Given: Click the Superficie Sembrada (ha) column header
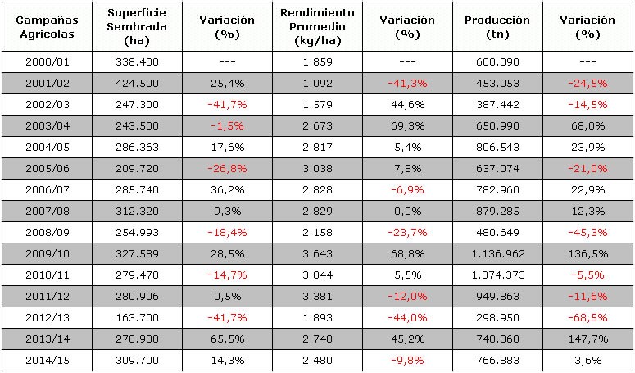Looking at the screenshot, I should click(132, 27).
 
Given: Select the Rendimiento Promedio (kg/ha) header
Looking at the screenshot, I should click(317, 27).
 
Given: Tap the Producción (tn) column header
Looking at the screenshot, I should click(497, 27).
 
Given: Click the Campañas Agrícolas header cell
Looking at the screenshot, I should click(45, 27).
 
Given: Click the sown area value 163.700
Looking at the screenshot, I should click(132, 317).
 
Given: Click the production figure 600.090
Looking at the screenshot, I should click(497, 62).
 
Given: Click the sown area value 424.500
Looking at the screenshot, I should click(132, 83).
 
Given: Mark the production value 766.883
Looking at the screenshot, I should click(497, 360).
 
